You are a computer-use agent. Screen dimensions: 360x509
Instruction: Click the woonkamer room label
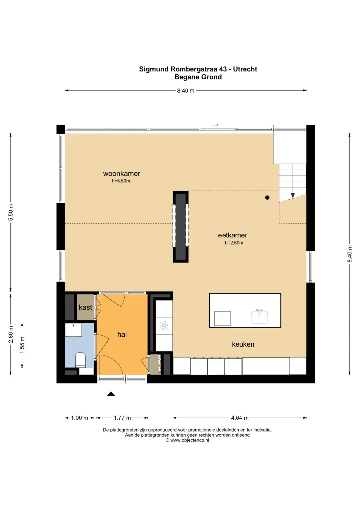[x=122, y=174]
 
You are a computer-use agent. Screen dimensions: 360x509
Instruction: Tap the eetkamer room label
[x=233, y=235]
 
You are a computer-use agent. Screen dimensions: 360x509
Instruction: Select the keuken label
[x=243, y=344]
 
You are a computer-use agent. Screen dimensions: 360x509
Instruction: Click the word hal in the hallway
[x=122, y=334]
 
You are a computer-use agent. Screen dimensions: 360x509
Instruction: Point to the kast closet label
[x=85, y=307]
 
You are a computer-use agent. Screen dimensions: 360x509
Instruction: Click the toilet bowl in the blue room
[x=80, y=360]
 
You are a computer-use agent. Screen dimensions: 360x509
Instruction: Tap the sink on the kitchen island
[x=259, y=316]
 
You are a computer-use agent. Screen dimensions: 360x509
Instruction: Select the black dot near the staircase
[x=267, y=197]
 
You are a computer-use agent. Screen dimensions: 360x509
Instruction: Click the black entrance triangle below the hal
[x=111, y=394]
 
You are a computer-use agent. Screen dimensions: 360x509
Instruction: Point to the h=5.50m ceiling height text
[x=121, y=181]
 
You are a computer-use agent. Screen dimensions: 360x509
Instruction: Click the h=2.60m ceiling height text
[x=234, y=243]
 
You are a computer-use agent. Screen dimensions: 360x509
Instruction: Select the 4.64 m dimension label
[x=240, y=418]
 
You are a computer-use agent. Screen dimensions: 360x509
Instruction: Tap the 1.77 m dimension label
[x=122, y=418]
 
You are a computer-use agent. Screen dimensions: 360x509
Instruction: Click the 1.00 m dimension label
[x=80, y=418]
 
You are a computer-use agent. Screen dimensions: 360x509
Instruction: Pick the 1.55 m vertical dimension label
[x=22, y=345]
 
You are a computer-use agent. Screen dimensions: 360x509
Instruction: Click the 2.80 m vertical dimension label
[x=11, y=334]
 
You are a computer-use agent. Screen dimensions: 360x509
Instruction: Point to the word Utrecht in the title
[x=245, y=69]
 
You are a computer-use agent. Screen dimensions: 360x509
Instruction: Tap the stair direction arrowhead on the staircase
[x=293, y=196]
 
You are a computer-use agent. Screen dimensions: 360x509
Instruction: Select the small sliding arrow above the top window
[x=215, y=125]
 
